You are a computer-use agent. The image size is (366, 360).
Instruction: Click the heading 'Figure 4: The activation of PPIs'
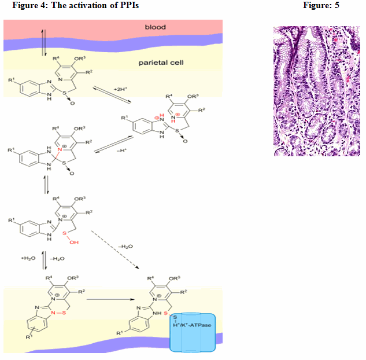[x=75, y=5]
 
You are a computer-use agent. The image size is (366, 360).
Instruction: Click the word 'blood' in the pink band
[x=155, y=27]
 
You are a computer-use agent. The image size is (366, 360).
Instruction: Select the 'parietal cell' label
[x=161, y=62]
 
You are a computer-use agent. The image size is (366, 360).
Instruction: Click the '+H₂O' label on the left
[x=30, y=258]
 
